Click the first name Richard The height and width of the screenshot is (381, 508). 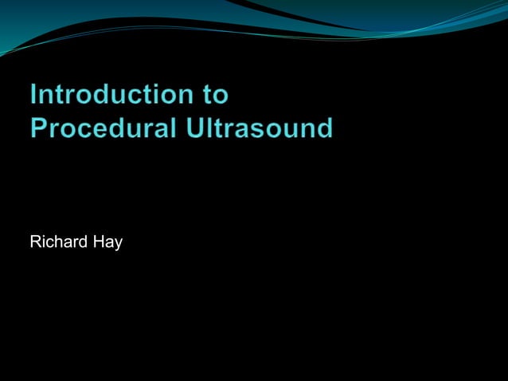coord(58,242)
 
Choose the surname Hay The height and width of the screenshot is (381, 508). coord(107,242)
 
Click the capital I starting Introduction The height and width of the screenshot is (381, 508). coord(34,95)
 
